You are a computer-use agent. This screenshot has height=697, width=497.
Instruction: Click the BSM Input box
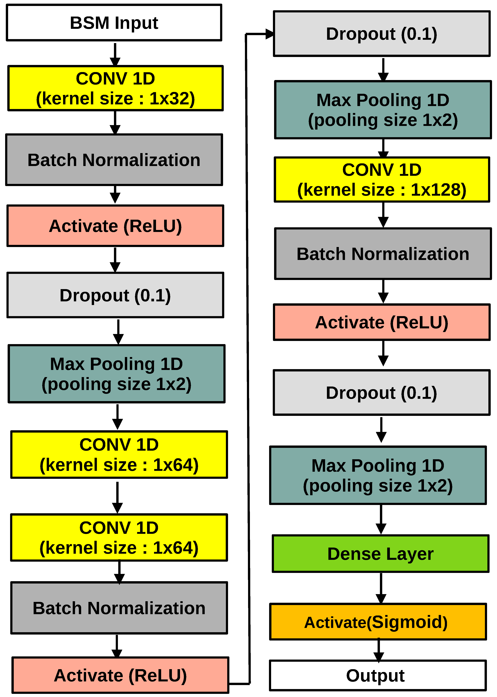tap(114, 23)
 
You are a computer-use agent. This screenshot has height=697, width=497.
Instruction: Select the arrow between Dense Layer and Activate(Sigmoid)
tap(381, 588)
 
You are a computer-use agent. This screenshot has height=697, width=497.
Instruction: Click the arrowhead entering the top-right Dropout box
tap(269, 34)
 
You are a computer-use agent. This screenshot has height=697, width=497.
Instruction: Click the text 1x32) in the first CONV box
tap(172, 99)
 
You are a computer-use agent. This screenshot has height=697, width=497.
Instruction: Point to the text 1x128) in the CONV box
tap(438, 190)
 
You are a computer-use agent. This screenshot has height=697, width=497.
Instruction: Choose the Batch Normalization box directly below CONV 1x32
tap(114, 160)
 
